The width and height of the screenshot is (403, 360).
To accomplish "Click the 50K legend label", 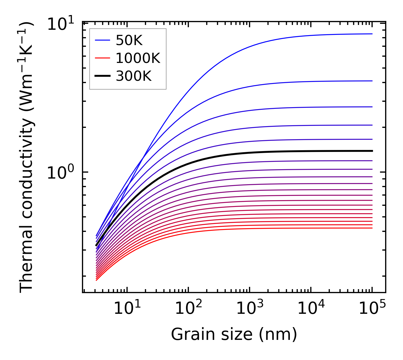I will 129,41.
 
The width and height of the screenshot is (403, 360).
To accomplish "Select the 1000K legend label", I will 138,58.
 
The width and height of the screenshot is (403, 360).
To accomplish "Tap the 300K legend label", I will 134,76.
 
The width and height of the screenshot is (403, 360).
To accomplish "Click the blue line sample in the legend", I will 102,41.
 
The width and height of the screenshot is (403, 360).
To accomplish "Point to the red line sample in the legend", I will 102,58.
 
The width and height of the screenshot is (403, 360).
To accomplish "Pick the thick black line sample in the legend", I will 102,76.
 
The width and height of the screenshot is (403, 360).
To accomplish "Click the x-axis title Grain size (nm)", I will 234,334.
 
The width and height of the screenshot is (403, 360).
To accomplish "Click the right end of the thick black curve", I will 372,151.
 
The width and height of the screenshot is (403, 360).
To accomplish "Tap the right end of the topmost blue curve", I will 372,34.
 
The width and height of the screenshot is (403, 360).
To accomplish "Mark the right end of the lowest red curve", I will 372,228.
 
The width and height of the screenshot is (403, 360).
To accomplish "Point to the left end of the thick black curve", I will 96,245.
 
